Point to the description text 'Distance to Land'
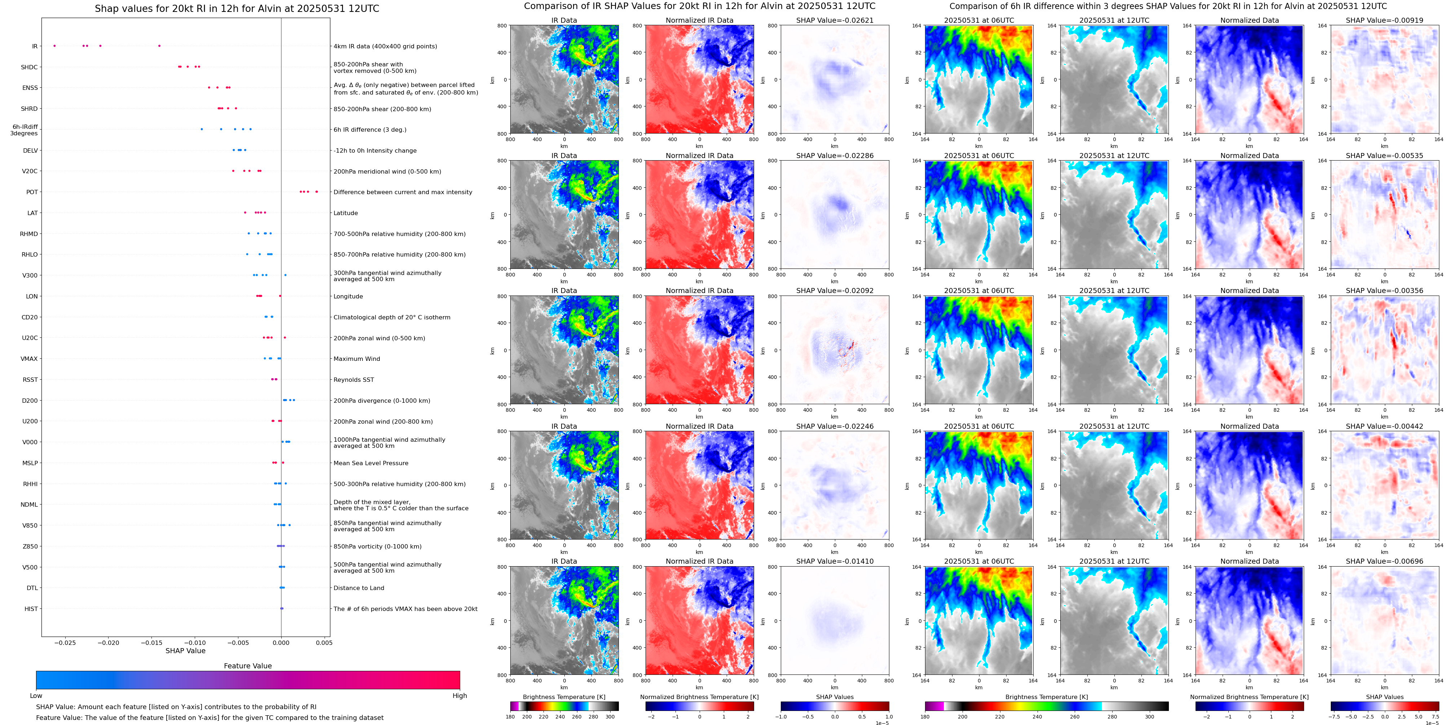[x=358, y=588]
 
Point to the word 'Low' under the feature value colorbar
[x=36, y=696]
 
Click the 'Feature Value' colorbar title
[x=247, y=666]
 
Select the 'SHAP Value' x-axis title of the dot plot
[x=185, y=651]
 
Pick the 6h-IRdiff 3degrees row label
[x=24, y=130]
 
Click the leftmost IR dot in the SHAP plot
[x=54, y=45]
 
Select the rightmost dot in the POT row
[x=317, y=192]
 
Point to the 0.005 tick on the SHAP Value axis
[x=324, y=643]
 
